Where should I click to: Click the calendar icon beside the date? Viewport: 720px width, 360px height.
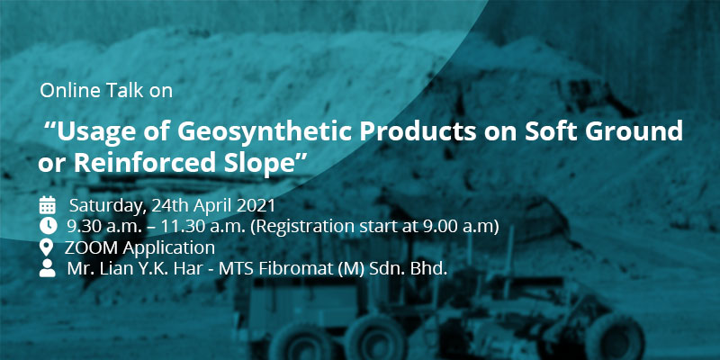click(48, 205)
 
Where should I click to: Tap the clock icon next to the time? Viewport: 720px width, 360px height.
click(49, 226)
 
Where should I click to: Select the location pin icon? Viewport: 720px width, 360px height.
click(47, 247)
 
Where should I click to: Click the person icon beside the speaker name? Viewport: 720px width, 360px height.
click(48, 268)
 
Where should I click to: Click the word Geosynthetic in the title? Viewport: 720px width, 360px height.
click(264, 132)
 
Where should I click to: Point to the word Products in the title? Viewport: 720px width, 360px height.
click(417, 131)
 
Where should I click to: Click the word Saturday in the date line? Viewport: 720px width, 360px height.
click(108, 206)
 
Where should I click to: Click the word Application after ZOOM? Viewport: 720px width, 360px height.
click(169, 248)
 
